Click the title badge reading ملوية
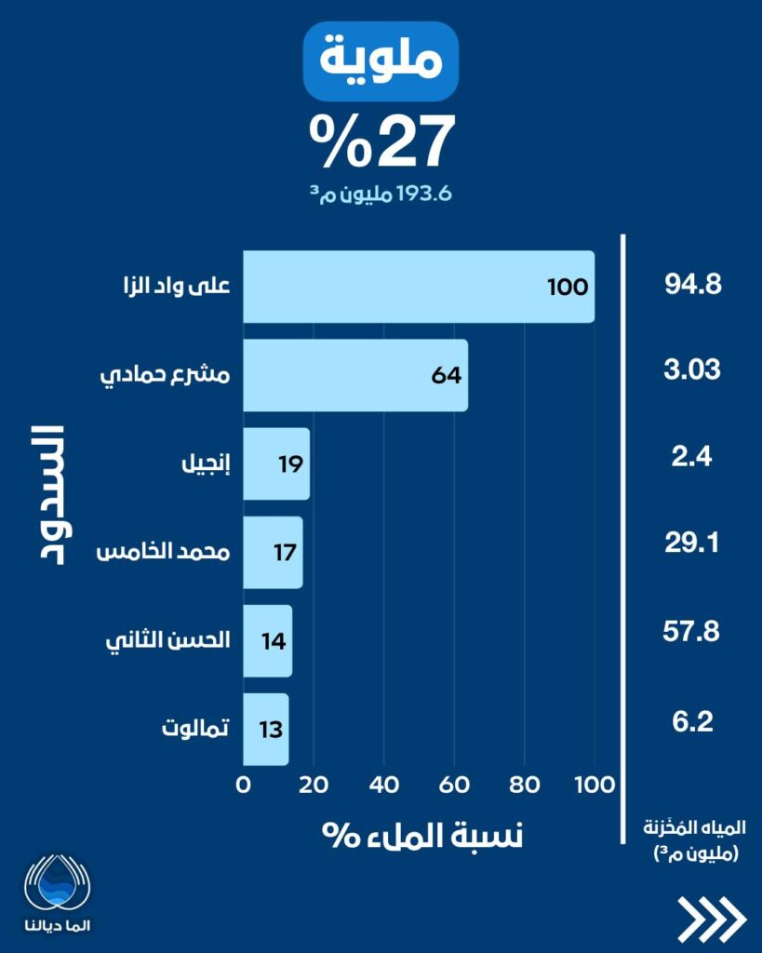[x=381, y=60]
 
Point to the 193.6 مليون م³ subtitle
[x=381, y=195]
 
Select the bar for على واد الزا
[x=419, y=287]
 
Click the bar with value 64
[x=355, y=375]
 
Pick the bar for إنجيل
[x=276, y=463]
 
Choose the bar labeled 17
[x=273, y=552]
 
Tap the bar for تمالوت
[x=266, y=729]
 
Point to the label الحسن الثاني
[x=170, y=640]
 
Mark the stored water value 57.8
[x=693, y=633]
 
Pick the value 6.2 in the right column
[x=693, y=721]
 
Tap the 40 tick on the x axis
[x=383, y=784]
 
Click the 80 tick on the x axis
[x=524, y=784]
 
